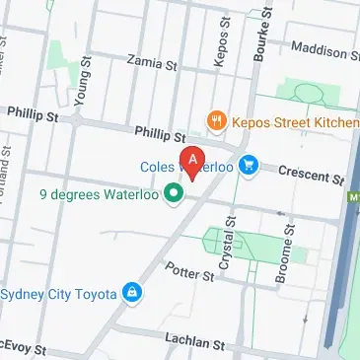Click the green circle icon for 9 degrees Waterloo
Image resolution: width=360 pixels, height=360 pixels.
point(174,193)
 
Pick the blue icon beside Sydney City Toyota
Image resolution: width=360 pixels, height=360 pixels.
point(131,293)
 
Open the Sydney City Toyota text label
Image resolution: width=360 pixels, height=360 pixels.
point(59,293)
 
